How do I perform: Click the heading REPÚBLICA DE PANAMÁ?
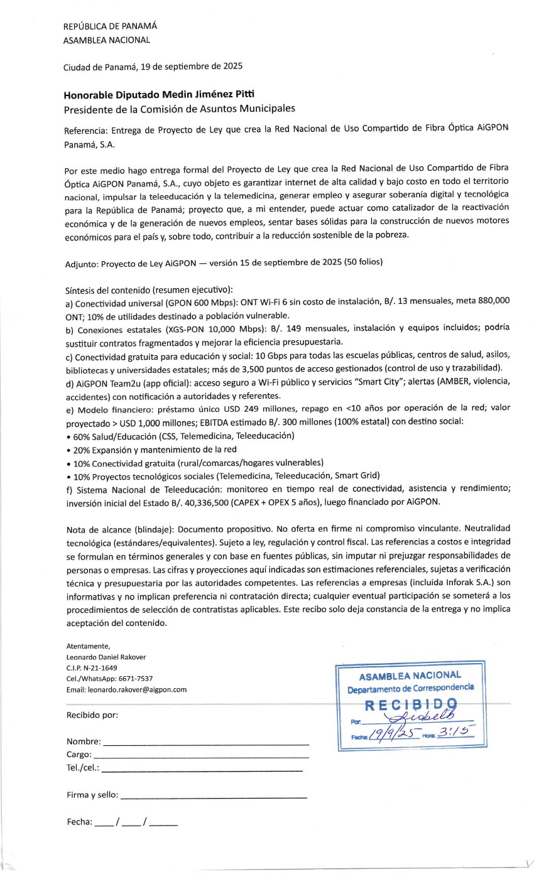(x=110, y=26)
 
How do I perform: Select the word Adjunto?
(x=80, y=264)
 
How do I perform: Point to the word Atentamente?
(x=88, y=646)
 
